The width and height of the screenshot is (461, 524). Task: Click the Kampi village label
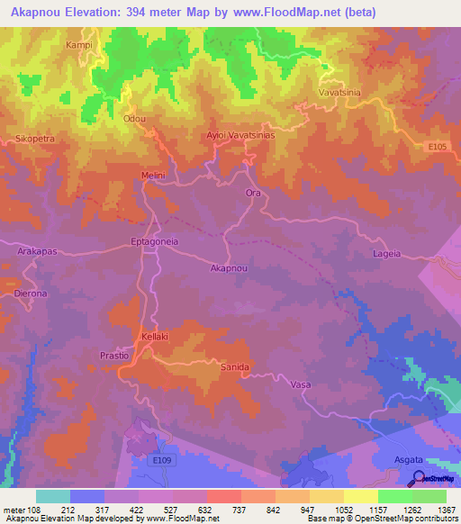(79, 44)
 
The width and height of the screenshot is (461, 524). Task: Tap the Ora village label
(252, 193)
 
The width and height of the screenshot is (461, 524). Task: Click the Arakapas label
(39, 253)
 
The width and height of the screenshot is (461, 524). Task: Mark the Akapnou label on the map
(229, 268)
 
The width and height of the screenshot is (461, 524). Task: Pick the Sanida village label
(234, 366)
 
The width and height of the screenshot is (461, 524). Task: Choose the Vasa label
(301, 384)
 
